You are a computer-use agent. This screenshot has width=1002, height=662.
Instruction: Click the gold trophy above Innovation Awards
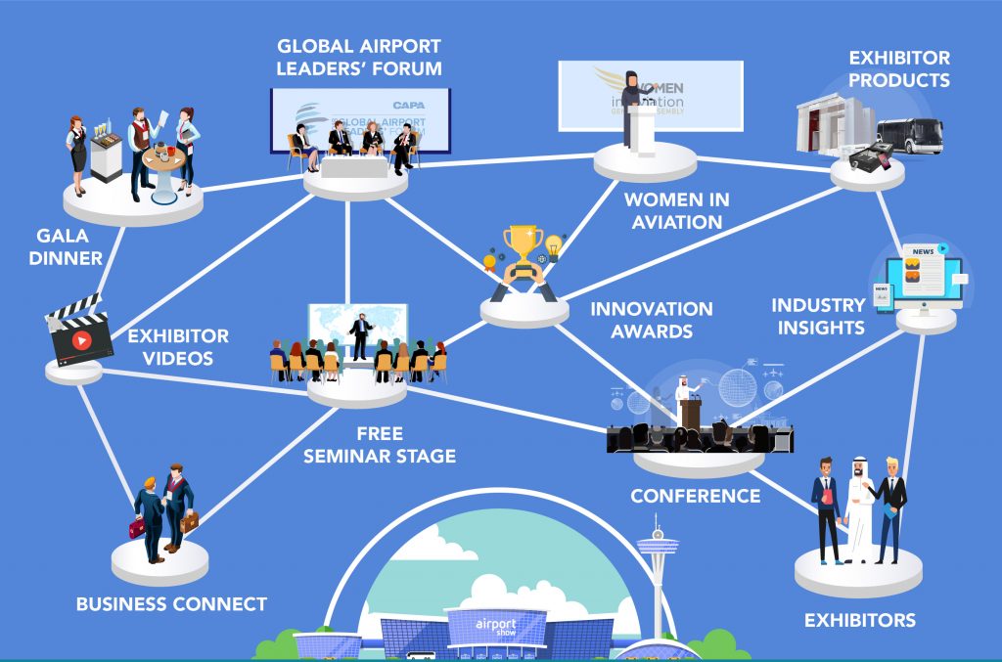[x=523, y=244]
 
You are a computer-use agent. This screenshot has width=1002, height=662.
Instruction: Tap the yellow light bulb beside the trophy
[x=555, y=245]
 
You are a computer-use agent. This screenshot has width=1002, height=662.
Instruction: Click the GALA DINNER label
[x=69, y=247]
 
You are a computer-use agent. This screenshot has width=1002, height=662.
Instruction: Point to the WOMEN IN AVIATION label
[x=677, y=210]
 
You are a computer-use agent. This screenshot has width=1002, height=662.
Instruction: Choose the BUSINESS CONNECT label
[x=171, y=604]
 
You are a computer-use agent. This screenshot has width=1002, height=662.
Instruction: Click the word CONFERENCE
[x=695, y=496]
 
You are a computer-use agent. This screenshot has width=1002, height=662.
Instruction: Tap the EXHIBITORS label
[x=859, y=620]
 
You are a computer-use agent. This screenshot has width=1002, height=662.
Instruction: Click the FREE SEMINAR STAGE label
[x=379, y=445]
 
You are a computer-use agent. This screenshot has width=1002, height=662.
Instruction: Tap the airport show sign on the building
[x=495, y=625]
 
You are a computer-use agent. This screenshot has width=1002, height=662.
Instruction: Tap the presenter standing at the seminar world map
[x=361, y=334]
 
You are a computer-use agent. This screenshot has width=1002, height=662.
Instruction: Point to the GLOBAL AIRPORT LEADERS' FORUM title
[x=359, y=58]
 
